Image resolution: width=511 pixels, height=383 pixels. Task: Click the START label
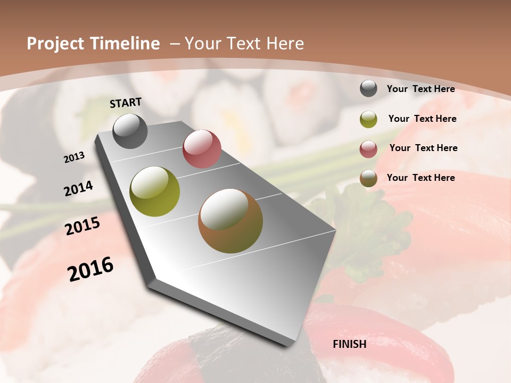click(126, 102)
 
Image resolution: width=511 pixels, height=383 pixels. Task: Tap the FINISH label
click(350, 344)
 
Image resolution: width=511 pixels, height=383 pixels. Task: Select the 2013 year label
click(75, 157)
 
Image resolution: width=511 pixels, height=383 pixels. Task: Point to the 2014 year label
click(79, 188)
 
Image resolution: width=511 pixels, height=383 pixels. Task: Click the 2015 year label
click(83, 226)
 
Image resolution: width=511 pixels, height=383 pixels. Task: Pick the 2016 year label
click(90, 269)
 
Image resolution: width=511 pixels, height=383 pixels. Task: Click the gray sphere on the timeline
click(130, 131)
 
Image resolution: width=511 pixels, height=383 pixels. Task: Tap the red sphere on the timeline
click(202, 149)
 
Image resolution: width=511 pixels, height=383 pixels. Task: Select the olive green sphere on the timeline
click(155, 191)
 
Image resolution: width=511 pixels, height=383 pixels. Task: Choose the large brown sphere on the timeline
click(230, 221)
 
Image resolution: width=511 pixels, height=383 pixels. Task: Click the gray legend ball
click(368, 88)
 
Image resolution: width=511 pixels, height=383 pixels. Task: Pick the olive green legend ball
click(368, 119)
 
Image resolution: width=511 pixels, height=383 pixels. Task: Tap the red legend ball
click(368, 149)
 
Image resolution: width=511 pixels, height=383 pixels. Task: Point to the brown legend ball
click(368, 178)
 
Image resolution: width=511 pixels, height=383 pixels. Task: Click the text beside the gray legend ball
click(421, 89)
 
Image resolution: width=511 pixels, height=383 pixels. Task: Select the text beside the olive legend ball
click(422, 119)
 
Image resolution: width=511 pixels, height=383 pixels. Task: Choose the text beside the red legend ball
click(423, 148)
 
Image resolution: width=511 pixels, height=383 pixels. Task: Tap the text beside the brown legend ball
click(421, 178)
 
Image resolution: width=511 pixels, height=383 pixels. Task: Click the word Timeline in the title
click(128, 44)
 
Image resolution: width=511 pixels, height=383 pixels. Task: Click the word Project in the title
click(55, 44)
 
